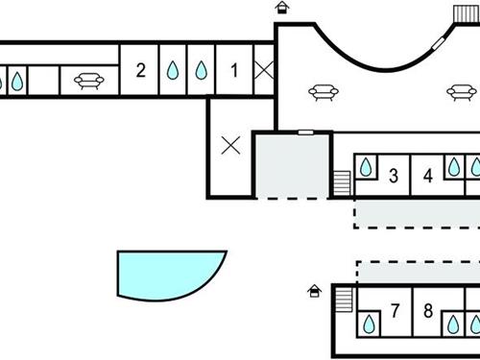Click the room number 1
point(235,69)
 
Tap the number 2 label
point(141,69)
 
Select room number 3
point(394,176)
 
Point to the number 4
point(428,176)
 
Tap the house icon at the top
point(281,9)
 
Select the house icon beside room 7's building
point(314,291)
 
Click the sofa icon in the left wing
point(89,81)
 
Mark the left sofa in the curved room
point(323,93)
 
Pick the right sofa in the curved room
point(461,93)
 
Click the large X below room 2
point(230,146)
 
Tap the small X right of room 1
point(265,69)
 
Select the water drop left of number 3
point(366,167)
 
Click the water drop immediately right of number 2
point(172,70)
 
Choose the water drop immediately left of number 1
point(203,70)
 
